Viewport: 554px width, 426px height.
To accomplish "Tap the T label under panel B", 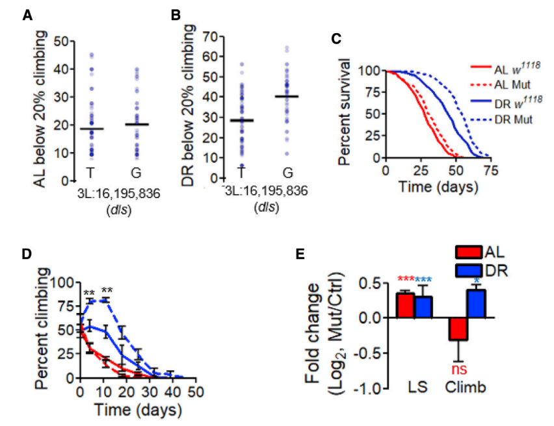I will coord(242,171).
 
